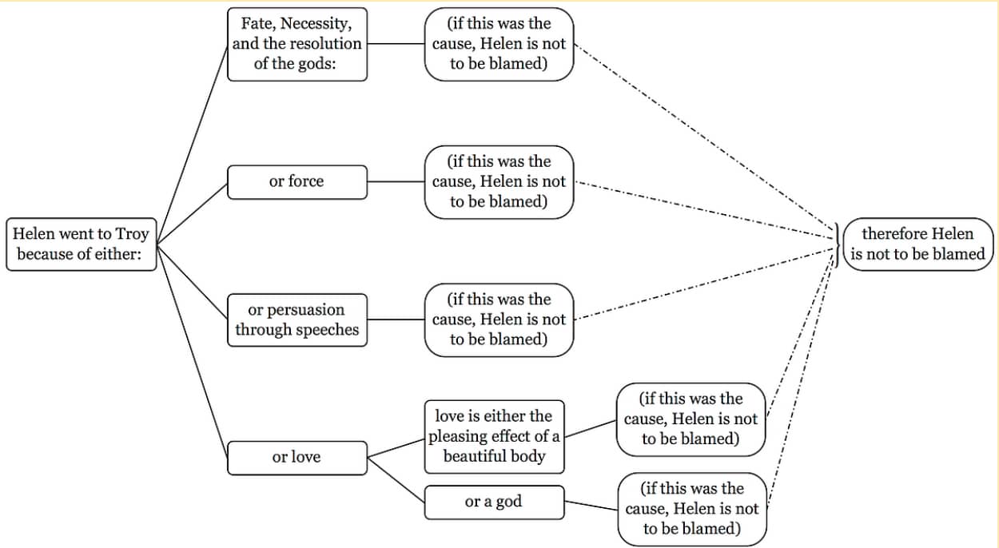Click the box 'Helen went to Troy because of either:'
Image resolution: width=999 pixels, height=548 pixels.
click(81, 244)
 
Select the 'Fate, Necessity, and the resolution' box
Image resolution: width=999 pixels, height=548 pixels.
click(297, 44)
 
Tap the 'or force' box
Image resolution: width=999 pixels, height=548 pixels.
click(297, 182)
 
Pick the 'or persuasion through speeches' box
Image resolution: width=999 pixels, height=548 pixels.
click(297, 320)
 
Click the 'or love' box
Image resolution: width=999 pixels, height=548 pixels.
click(297, 458)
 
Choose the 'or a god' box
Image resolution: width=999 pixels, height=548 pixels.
click(493, 502)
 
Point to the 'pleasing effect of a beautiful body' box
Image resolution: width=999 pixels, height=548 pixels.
click(493, 436)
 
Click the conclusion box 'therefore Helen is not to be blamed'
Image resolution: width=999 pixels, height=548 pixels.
click(917, 244)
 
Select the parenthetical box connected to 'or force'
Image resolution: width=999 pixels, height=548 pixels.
click(499, 182)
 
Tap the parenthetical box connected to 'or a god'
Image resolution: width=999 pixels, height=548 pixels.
click(691, 509)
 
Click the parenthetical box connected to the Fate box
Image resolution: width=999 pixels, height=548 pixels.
click(499, 44)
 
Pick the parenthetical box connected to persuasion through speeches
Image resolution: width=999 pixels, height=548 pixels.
click(499, 320)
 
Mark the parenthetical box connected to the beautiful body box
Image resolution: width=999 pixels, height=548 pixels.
click(691, 419)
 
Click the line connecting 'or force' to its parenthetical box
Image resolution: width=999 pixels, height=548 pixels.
click(396, 181)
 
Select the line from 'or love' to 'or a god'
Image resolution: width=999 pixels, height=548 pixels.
click(396, 480)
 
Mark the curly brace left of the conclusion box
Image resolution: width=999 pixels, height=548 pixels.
click(837, 244)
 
